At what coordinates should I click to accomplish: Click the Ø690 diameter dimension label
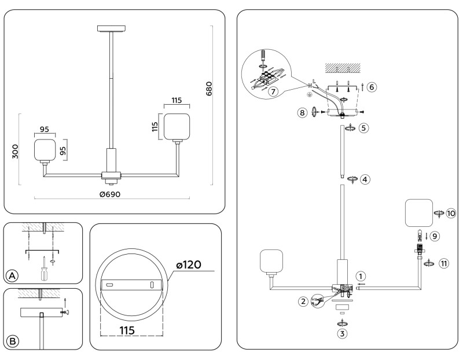tap(109, 194)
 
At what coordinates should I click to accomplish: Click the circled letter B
tap(11, 340)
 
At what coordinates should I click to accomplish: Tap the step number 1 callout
tap(361, 276)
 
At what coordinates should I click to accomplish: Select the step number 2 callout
tap(303, 300)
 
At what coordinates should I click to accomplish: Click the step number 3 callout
tap(342, 333)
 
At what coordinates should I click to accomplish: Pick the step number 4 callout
tap(365, 179)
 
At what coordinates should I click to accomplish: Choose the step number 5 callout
tap(363, 128)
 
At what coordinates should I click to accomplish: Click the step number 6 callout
tap(372, 87)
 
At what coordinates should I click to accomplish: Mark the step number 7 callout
tap(273, 91)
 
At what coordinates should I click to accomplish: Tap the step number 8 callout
tap(302, 113)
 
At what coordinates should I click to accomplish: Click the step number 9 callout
tap(435, 236)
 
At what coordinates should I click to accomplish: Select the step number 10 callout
tap(451, 214)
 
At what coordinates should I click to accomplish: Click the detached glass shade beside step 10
tap(418, 212)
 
